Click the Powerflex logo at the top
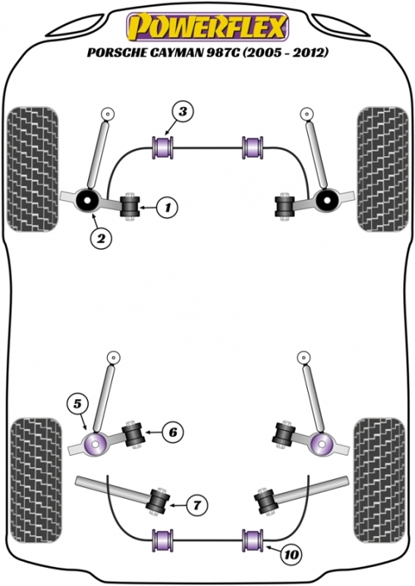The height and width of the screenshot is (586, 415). (x=207, y=27)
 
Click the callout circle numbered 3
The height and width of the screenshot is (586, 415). (x=183, y=112)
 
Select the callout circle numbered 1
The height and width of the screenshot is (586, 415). (x=167, y=207)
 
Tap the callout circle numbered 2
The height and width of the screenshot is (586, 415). (x=101, y=238)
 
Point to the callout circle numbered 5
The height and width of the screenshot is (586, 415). (x=77, y=404)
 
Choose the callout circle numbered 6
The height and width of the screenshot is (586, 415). (x=173, y=432)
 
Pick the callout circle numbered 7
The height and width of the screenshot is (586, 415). (x=197, y=505)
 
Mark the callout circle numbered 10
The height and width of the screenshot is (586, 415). (x=290, y=554)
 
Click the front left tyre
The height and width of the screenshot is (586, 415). (x=33, y=169)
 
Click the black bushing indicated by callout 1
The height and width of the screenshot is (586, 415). (x=129, y=207)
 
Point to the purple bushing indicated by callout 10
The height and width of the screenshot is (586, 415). (x=253, y=540)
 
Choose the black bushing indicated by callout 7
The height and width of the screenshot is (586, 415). (x=159, y=501)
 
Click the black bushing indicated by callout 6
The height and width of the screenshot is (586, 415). (x=134, y=434)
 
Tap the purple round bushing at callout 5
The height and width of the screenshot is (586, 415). (x=95, y=444)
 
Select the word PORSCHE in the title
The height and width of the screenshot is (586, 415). (x=113, y=52)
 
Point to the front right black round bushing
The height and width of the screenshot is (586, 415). (x=326, y=200)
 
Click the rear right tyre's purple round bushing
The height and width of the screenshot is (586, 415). (x=321, y=445)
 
